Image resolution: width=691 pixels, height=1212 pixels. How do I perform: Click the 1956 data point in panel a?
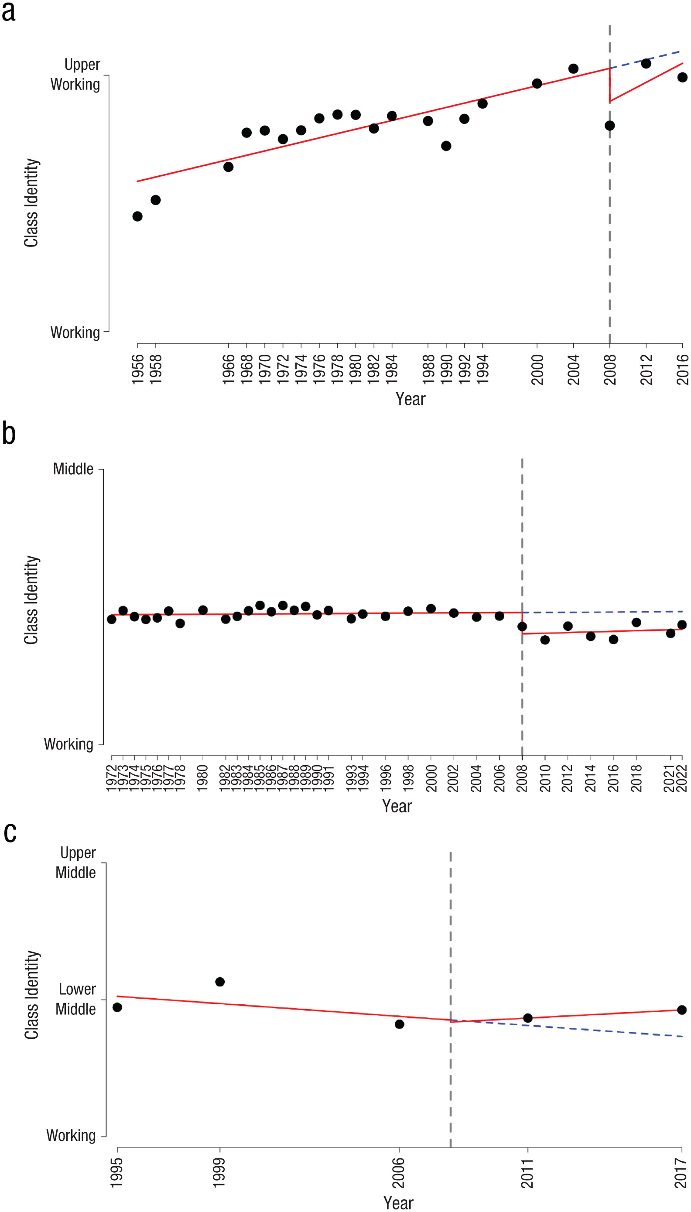pos(137,216)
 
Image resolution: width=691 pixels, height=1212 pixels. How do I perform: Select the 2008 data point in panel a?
pos(610,126)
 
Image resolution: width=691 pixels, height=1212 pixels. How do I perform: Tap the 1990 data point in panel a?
pos(446,146)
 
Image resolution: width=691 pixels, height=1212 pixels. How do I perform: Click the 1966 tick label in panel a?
pos(229,369)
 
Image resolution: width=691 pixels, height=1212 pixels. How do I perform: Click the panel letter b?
pos(9,434)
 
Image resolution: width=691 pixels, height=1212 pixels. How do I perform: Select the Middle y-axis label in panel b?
pos(73,469)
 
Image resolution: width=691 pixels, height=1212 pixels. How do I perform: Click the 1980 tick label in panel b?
pos(203,777)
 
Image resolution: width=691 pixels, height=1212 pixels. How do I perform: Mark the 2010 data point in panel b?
pos(545,640)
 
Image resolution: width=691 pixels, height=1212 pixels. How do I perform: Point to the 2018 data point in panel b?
pos(636,622)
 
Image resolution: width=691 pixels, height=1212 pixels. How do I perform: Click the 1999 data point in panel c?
pos(220,981)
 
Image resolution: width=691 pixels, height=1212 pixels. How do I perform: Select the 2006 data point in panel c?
pos(400,1024)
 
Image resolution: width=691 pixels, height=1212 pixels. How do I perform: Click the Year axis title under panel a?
pos(410,399)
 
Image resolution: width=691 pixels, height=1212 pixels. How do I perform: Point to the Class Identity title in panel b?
pos(31,600)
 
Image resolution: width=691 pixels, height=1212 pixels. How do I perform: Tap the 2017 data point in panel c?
pos(682,1010)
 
